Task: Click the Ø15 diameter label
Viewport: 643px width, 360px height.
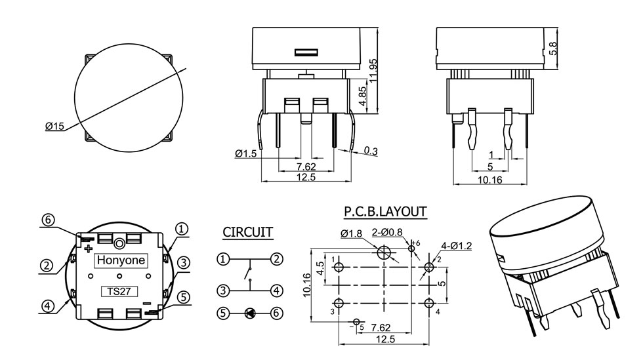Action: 55,127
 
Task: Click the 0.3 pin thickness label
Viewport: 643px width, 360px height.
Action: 371,151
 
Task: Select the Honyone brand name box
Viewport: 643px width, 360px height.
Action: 122,260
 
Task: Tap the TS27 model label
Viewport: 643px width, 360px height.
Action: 115,291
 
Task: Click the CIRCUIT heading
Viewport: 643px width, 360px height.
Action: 247,231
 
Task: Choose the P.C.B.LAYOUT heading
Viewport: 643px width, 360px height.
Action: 385,212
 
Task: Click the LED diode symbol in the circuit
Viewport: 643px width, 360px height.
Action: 250,313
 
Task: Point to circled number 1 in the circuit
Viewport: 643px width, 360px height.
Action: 224,259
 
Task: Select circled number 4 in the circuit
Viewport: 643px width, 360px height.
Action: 277,290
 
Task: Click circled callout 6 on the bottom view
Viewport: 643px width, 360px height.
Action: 49,220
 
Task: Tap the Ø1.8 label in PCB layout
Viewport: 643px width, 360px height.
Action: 352,234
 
